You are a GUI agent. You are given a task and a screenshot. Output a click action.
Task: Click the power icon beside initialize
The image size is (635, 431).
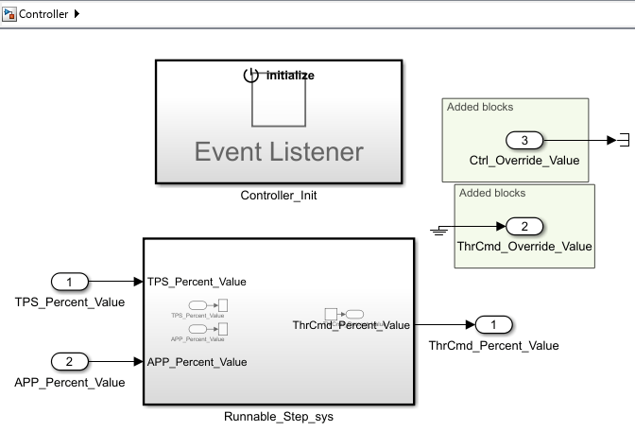click(x=250, y=75)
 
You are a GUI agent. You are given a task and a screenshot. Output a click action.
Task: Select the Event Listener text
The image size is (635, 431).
click(x=279, y=151)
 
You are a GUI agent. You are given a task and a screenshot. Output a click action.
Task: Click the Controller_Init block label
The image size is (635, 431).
click(x=278, y=196)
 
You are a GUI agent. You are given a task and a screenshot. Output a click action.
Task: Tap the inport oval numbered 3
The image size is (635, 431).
click(x=524, y=141)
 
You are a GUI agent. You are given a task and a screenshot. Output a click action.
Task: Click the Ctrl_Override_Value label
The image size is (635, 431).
click(x=524, y=160)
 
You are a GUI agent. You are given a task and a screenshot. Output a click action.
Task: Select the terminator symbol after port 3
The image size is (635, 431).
click(x=622, y=141)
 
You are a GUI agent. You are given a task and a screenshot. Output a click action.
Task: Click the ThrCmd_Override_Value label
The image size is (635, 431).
click(x=524, y=246)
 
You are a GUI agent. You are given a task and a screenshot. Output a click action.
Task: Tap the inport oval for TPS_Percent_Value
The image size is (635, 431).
click(x=69, y=281)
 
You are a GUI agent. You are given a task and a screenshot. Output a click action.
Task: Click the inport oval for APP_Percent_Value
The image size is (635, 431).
click(x=69, y=361)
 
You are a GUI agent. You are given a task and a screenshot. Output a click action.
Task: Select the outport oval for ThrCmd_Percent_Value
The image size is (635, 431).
click(x=493, y=325)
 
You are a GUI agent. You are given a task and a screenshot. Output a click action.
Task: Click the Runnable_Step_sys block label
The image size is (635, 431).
click(x=278, y=416)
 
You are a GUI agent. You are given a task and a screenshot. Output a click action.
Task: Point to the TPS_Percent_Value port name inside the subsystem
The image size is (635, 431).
click(x=197, y=282)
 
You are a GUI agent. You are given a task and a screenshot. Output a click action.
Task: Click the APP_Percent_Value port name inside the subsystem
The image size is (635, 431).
click(x=197, y=362)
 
